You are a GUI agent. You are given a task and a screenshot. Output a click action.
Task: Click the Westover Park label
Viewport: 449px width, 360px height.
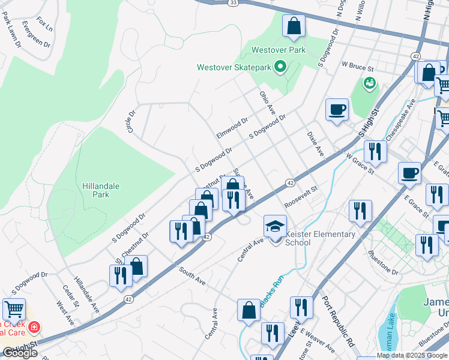click(279, 50)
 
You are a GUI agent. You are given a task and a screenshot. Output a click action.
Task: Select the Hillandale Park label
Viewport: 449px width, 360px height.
click(100, 190)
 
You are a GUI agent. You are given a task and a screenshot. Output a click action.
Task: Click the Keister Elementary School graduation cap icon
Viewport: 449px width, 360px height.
click(275, 226)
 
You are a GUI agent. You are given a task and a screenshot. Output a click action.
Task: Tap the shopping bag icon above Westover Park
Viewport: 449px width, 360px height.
click(294, 26)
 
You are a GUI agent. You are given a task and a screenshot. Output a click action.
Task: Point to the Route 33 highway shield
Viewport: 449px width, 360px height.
click(233, 2)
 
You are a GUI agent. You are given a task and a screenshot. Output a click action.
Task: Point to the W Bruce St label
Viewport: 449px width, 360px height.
click(358, 63)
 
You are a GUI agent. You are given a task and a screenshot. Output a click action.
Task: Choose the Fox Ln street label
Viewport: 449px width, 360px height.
click(44, 24)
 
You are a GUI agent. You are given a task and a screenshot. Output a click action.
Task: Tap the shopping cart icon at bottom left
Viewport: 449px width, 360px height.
click(14, 310)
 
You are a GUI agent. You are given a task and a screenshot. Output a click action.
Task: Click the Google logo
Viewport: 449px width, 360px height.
click(20, 353)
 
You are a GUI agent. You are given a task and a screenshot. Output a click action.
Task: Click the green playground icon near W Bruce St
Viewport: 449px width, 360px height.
click(369, 82)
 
